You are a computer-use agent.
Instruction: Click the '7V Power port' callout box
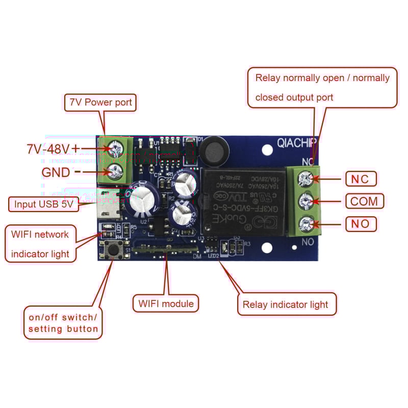click(100, 103)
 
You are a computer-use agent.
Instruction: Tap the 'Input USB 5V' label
click(44, 205)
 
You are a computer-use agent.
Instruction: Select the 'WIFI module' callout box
click(166, 304)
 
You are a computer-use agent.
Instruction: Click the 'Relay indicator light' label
click(285, 305)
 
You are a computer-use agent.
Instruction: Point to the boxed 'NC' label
click(361, 179)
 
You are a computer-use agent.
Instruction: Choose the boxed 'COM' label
click(364, 201)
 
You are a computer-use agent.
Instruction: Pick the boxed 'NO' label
click(361, 223)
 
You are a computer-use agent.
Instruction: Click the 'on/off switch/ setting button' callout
click(63, 323)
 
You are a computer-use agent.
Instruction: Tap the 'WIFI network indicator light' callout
click(40, 244)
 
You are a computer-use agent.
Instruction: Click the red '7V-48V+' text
click(53, 149)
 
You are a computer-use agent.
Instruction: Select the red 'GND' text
click(56, 172)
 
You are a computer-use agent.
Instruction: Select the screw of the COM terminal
click(305, 201)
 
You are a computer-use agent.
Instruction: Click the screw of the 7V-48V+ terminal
click(116, 148)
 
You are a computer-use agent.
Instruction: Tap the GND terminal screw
click(116, 171)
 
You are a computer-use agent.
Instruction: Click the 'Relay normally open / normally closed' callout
click(322, 87)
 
